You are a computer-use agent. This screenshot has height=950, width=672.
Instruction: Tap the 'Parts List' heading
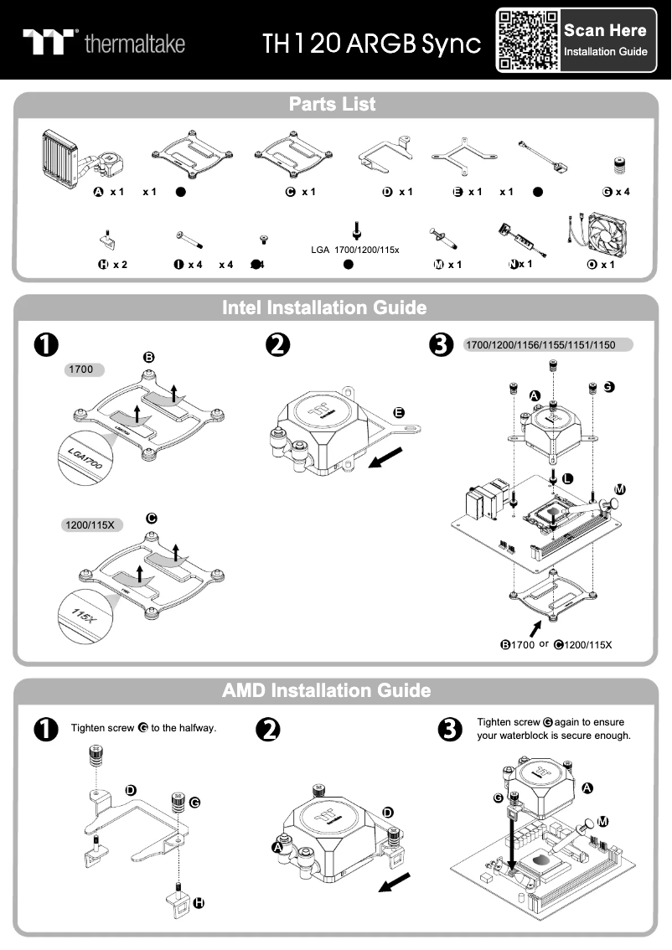(x=332, y=105)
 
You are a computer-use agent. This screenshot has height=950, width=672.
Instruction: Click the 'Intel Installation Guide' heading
(x=324, y=307)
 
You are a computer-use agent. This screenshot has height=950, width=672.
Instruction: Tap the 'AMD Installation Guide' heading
(x=326, y=691)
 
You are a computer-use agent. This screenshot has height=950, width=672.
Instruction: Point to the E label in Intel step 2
(x=399, y=412)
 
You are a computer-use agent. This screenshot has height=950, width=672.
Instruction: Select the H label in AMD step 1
(x=199, y=903)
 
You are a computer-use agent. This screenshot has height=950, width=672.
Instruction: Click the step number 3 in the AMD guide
(x=450, y=729)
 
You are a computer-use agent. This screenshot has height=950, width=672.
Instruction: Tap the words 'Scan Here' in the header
(x=605, y=31)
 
